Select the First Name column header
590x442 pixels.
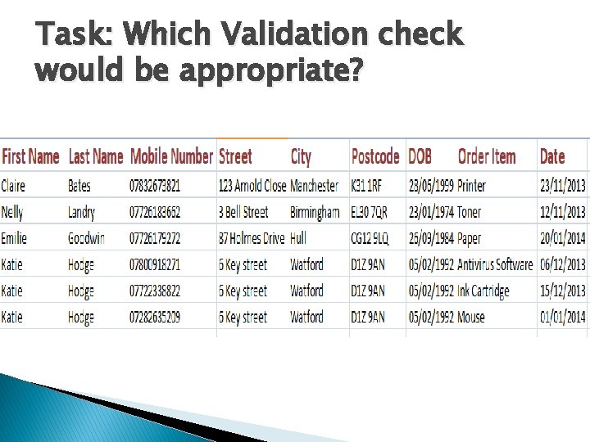pyautogui.click(x=30, y=156)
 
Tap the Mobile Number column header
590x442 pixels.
pyautogui.click(x=171, y=156)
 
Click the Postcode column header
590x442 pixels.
pyautogui.click(x=374, y=156)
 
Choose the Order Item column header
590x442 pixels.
pyautogui.click(x=487, y=156)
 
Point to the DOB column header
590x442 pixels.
pyautogui.click(x=420, y=156)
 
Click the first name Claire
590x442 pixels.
pyautogui.click(x=13, y=186)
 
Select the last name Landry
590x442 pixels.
pyautogui.click(x=81, y=212)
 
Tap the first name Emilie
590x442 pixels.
pyautogui.click(x=14, y=238)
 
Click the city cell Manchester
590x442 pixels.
pyautogui.click(x=314, y=186)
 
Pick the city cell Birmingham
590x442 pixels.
pyautogui.click(x=315, y=212)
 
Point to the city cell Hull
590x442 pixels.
pyautogui.click(x=298, y=238)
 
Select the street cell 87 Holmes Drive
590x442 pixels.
pyautogui.click(x=252, y=238)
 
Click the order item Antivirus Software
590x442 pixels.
pyautogui.click(x=495, y=264)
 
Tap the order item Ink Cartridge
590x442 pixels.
pyautogui.click(x=483, y=291)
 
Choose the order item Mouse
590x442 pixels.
pyautogui.click(x=471, y=317)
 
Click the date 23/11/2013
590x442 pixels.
pyautogui.click(x=562, y=186)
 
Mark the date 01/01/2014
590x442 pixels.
pyautogui.click(x=562, y=317)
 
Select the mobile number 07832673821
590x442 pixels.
pyautogui.click(x=155, y=186)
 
